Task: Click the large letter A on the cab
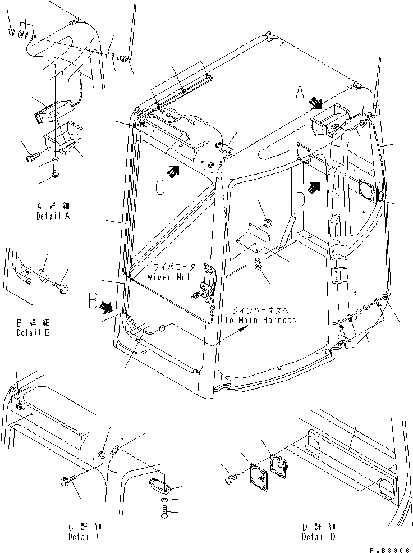click(300, 98)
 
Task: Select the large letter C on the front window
click(160, 187)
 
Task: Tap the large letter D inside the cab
click(300, 198)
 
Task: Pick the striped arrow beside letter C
click(174, 171)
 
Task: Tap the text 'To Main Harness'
click(260, 320)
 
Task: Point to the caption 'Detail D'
click(318, 537)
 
